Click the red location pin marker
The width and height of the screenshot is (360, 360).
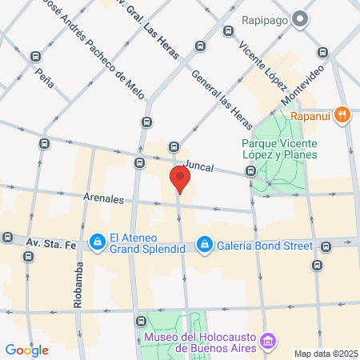180,179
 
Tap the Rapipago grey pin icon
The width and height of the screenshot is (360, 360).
300,18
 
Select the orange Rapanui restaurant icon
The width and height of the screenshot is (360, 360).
342,114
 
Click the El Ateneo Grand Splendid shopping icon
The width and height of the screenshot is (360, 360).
98,241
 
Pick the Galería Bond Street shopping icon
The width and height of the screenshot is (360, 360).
205,242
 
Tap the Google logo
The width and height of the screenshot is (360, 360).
26,350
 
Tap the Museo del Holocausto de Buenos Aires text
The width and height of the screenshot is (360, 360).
200,342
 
